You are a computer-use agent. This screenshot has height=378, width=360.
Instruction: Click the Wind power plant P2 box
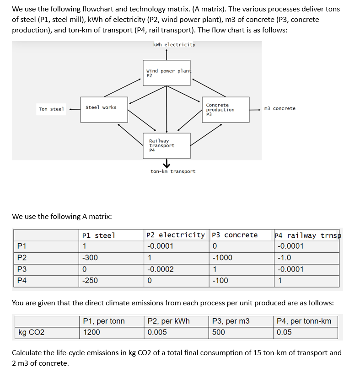click(x=167, y=73)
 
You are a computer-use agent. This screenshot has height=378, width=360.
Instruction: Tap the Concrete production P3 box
click(x=226, y=110)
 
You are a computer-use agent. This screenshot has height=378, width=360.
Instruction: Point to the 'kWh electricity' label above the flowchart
click(x=174, y=45)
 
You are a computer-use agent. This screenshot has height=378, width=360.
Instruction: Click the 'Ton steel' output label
click(x=51, y=109)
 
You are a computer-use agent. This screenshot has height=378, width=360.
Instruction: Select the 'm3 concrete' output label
click(x=279, y=109)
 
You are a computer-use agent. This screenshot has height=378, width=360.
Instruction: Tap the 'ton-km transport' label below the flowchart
click(x=173, y=171)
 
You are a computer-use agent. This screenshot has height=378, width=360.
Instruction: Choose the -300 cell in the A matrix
click(x=90, y=258)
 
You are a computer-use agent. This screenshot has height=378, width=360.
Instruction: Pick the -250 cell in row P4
click(x=90, y=281)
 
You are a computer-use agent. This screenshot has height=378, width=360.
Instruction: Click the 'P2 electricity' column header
click(x=176, y=235)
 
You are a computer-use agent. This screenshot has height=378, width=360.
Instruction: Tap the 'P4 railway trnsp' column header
click(x=307, y=235)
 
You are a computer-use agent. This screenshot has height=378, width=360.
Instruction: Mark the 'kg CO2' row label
click(x=32, y=332)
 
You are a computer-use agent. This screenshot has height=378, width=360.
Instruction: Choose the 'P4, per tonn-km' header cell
click(x=304, y=321)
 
